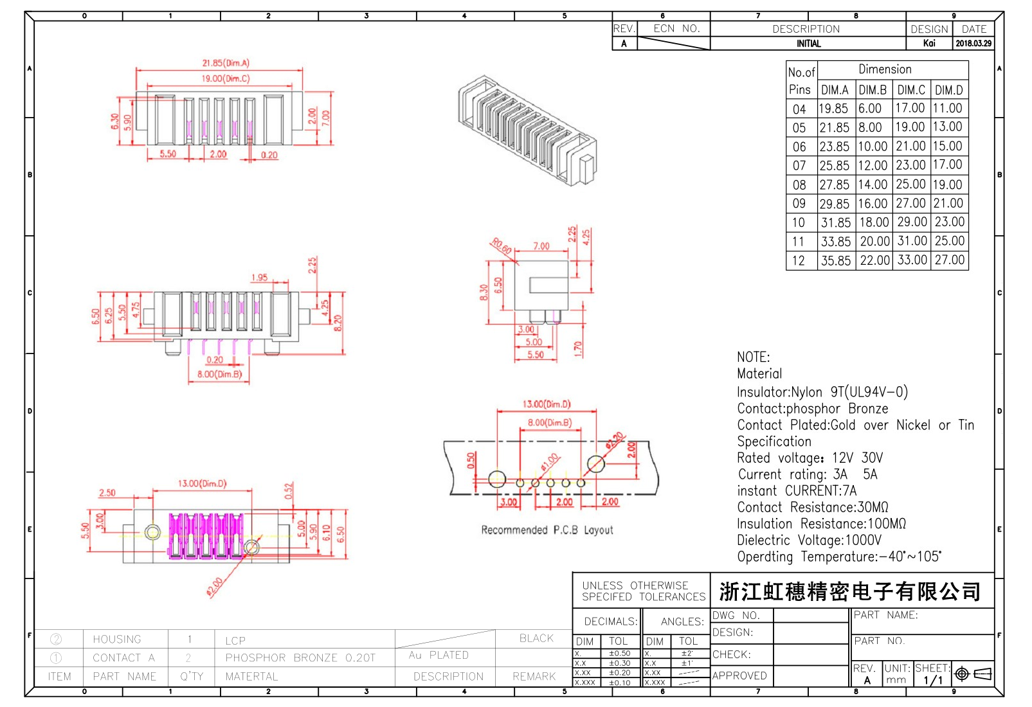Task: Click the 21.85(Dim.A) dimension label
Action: [226, 63]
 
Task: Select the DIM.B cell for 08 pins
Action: [873, 184]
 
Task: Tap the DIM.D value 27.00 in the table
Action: [950, 260]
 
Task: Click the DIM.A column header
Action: [835, 90]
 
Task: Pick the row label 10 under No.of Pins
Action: [799, 222]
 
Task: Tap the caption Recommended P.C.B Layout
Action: [547, 530]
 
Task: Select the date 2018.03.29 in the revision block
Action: [973, 44]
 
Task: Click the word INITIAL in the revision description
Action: [808, 44]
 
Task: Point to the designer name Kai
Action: [929, 44]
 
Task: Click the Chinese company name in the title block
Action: [850, 591]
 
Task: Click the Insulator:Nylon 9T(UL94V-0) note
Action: [822, 392]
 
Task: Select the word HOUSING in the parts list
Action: [117, 639]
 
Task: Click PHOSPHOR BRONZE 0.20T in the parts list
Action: [300, 658]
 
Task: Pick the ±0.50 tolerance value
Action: [620, 653]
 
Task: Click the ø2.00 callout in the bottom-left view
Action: [215, 586]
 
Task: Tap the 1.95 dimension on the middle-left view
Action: [260, 278]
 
